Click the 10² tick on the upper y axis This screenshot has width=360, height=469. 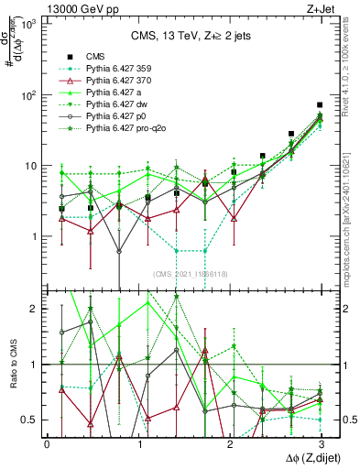point(29,95)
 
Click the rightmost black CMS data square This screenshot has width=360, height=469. point(319,105)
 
